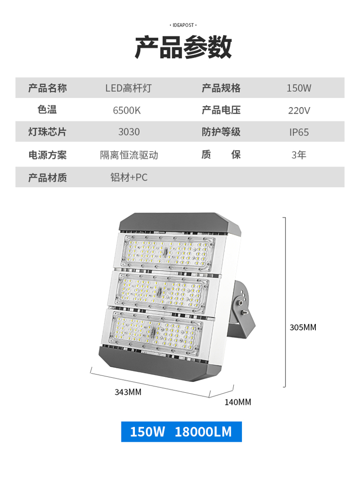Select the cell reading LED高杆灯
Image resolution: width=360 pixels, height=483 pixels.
129,88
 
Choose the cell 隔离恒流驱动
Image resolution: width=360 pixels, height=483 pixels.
129,155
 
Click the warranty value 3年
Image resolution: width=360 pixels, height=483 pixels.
299,155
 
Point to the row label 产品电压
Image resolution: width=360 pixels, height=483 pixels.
221,110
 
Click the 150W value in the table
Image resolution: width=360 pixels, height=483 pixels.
299,88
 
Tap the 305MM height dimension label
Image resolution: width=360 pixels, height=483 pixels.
303,327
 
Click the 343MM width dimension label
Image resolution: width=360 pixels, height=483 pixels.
128,392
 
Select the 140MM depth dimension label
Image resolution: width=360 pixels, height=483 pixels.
238,402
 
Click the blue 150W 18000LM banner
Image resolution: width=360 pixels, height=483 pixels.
181,432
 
